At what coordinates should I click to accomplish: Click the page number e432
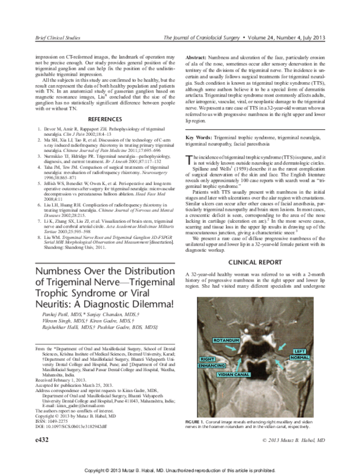click(x=27, y=456)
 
